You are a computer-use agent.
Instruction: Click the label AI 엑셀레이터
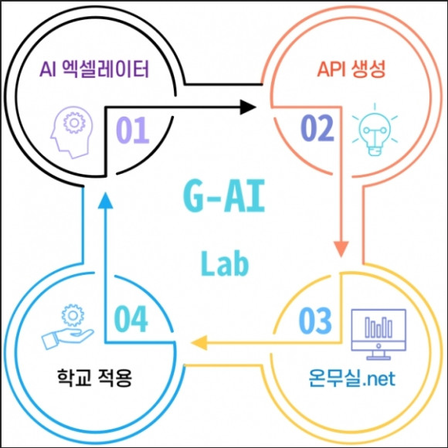pos(94,70)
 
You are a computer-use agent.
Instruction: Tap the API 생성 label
pos(351,69)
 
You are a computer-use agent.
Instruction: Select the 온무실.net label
pos(352,378)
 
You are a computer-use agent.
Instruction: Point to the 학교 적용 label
pos(94,378)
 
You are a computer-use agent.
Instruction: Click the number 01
pos(133,130)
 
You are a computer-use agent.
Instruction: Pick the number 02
pos(317,128)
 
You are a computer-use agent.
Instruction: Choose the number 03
pos(315,321)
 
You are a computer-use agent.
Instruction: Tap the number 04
pos(131,319)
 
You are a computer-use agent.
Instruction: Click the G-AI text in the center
pos(224,195)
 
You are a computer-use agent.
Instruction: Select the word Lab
pos(225,263)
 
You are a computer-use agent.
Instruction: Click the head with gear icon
pos(71,132)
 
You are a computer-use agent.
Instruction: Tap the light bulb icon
pos(375,130)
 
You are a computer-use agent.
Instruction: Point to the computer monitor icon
pos(378,334)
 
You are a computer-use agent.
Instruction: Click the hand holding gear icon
pos(68,328)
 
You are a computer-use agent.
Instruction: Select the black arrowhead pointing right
pos(247,107)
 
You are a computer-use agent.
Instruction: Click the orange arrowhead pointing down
pos(341,249)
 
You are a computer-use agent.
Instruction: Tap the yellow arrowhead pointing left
pos(199,343)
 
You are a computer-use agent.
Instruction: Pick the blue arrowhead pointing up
pos(105,200)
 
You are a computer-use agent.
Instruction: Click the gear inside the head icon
pos(74,123)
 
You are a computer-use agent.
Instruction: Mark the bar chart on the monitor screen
pos(378,328)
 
